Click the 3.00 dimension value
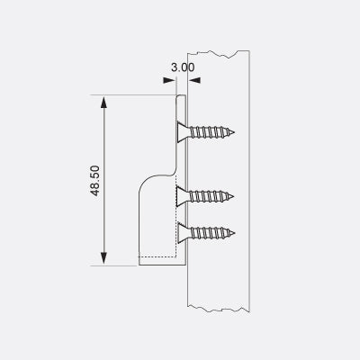pyautogui.click(x=180, y=67)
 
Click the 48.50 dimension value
pyautogui.click(x=95, y=180)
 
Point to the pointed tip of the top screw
pyautogui.click(x=238, y=133)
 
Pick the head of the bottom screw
pyautogui.click(x=182, y=232)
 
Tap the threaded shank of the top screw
pyautogui.click(x=211, y=133)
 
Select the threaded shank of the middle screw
pyautogui.click(x=211, y=195)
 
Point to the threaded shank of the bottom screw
pyautogui.click(x=211, y=232)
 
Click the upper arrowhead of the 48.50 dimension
pyautogui.click(x=106, y=101)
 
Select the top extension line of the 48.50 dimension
pyautogui.click(x=135, y=94)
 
